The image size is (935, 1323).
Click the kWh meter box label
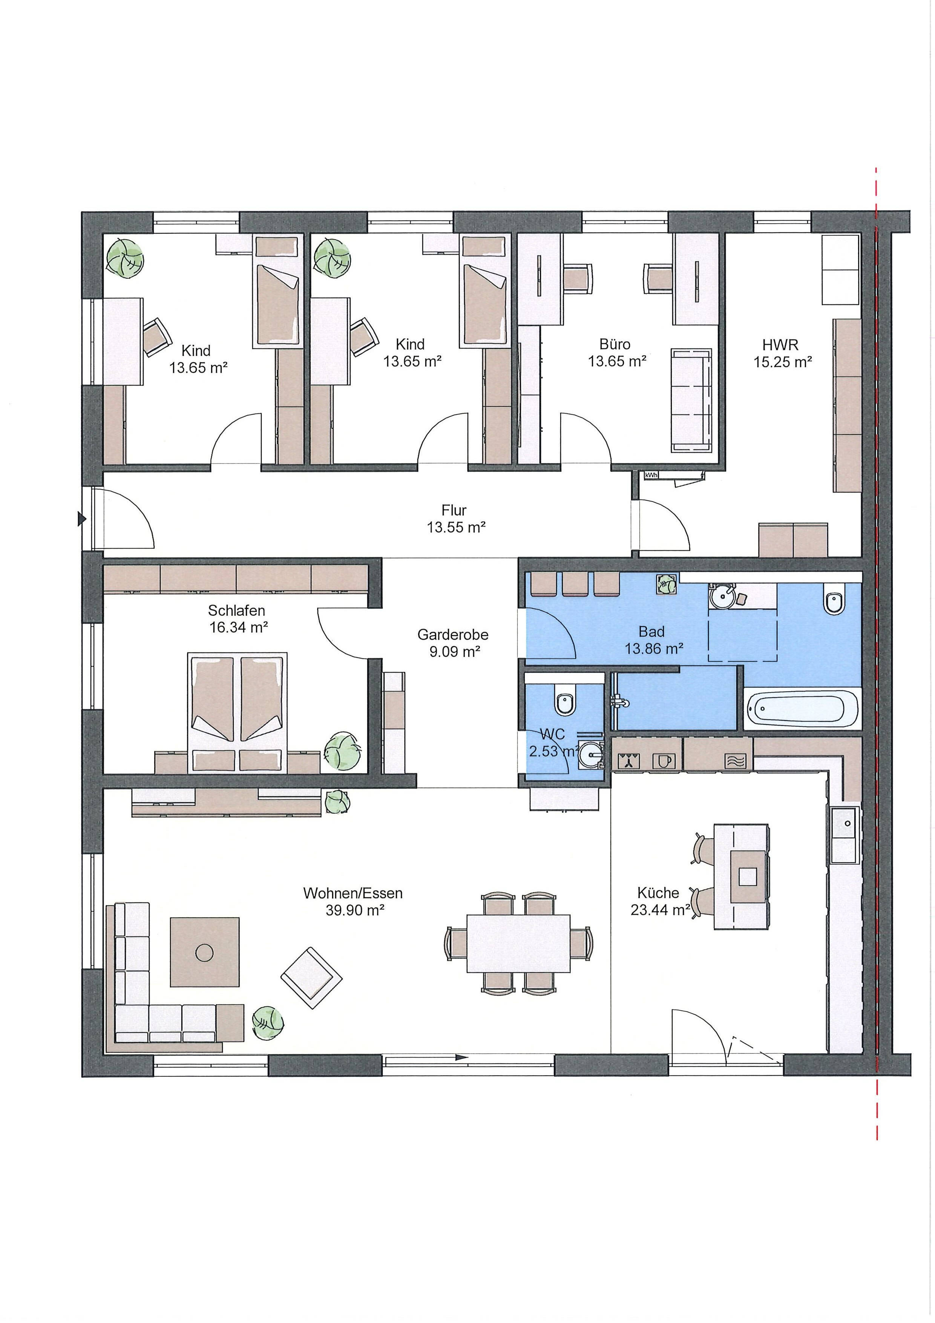(x=651, y=475)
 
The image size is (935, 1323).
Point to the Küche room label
(x=658, y=893)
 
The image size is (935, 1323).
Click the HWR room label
(x=780, y=345)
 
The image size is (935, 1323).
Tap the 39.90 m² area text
(x=353, y=910)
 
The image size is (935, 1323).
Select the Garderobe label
(x=453, y=634)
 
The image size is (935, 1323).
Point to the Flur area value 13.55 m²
(x=456, y=526)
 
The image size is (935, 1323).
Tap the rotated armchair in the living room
(x=311, y=978)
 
